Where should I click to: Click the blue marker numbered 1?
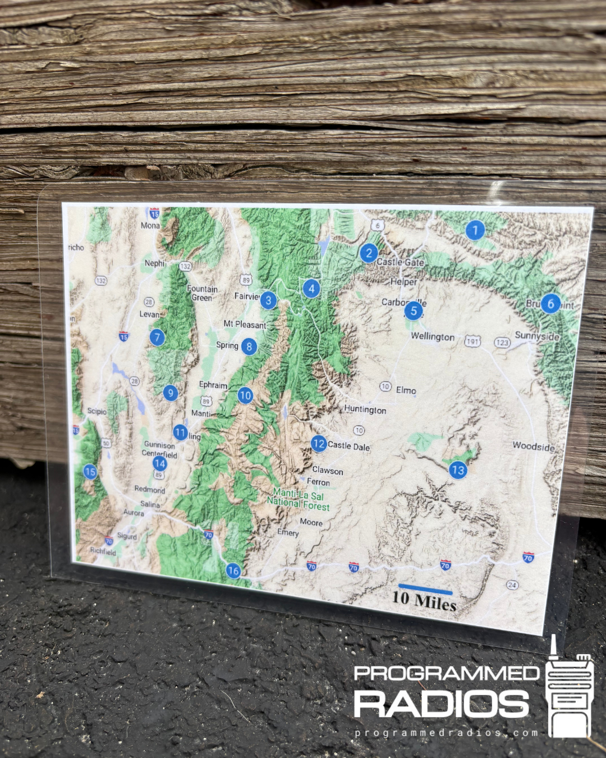[475, 230]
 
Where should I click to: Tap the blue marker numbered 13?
[458, 470]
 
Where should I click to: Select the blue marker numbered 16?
[233, 571]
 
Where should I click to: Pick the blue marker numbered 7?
[157, 337]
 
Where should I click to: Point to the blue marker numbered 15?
[90, 472]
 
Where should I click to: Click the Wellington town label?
[433, 336]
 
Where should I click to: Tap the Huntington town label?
[365, 410]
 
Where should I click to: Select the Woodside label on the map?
[533, 446]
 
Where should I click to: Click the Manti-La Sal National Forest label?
[298, 500]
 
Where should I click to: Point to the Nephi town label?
[155, 263]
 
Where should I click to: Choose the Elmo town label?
[406, 390]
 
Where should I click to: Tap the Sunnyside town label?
[537, 336]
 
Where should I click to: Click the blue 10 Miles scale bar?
[425, 590]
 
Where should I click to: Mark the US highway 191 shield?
[472, 341]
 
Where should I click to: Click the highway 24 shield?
[512, 585]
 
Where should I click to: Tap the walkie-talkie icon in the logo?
[570, 691]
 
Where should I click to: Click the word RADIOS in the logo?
[442, 704]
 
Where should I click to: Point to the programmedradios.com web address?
[446, 733]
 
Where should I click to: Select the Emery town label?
[288, 532]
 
